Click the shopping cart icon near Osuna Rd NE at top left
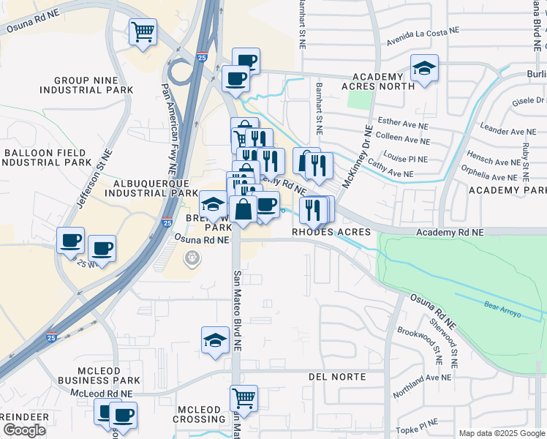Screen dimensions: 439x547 click(143, 31)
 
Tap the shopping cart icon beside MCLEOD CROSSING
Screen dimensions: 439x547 click(244, 399)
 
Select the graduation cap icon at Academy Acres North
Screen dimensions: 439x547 click(424, 68)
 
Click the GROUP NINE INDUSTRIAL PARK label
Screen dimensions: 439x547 click(86, 85)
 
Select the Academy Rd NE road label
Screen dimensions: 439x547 click(450, 232)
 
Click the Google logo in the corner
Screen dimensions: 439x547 click(24, 430)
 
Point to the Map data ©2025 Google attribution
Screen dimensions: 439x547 click(502, 433)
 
